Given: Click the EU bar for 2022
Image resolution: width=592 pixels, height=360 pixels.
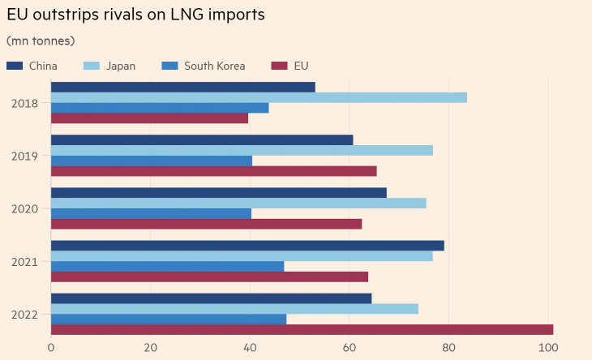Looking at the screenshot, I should [302, 329].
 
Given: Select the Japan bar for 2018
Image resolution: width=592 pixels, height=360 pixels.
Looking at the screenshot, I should [259, 97].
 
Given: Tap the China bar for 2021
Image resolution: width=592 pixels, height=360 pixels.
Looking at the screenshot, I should [247, 246].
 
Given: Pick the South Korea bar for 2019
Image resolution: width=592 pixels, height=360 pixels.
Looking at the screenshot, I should [152, 161].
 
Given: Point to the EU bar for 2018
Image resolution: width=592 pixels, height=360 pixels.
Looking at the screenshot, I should [149, 118].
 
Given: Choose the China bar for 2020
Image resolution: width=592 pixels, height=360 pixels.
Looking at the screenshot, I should [219, 192].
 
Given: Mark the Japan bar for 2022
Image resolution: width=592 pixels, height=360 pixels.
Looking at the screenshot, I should [234, 309].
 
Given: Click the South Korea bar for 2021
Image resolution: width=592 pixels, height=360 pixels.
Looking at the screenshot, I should [167, 266].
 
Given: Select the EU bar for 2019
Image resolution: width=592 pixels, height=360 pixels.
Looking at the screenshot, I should [214, 171].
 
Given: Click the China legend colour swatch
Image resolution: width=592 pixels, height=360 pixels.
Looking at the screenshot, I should [15, 66].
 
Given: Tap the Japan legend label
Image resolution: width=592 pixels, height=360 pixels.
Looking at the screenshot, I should [121, 66].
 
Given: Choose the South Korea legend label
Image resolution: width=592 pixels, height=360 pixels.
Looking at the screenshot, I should [214, 66].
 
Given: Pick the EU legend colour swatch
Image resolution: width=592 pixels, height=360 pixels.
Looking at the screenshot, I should [280, 66].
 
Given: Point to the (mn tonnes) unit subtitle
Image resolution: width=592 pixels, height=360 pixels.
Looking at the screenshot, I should [41, 41].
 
